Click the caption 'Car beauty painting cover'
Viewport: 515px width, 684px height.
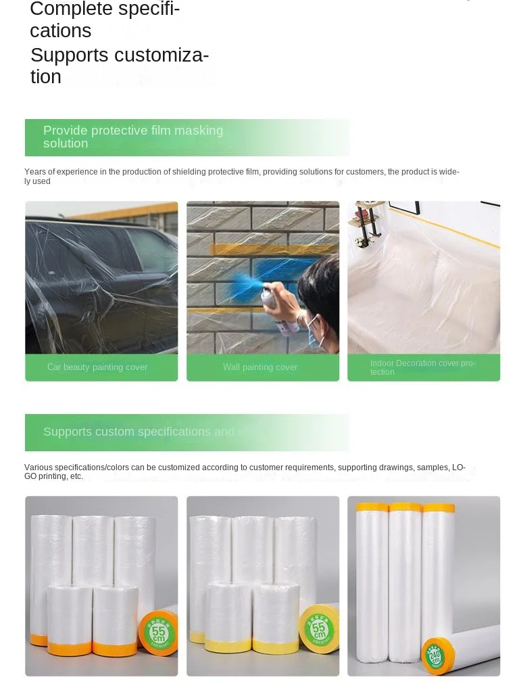pyautogui.click(x=97, y=367)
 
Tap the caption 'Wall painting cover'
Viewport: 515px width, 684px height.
pyautogui.click(x=260, y=367)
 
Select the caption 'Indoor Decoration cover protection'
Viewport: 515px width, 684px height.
pyautogui.click(x=422, y=367)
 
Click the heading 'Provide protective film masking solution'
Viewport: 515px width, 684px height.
pyautogui.click(x=133, y=137)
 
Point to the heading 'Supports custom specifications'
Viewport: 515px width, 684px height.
pyautogui.click(x=139, y=432)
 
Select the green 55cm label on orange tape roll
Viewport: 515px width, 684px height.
pyautogui.click(x=159, y=633)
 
